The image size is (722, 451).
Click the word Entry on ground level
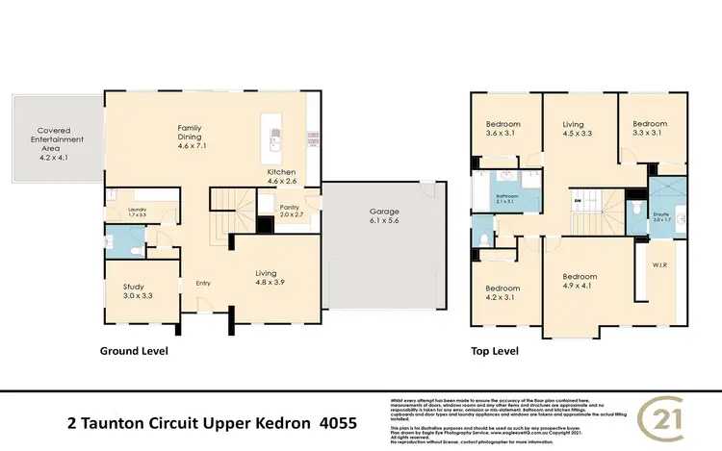click(203, 283)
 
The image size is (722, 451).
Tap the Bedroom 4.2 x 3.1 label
click(503, 294)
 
